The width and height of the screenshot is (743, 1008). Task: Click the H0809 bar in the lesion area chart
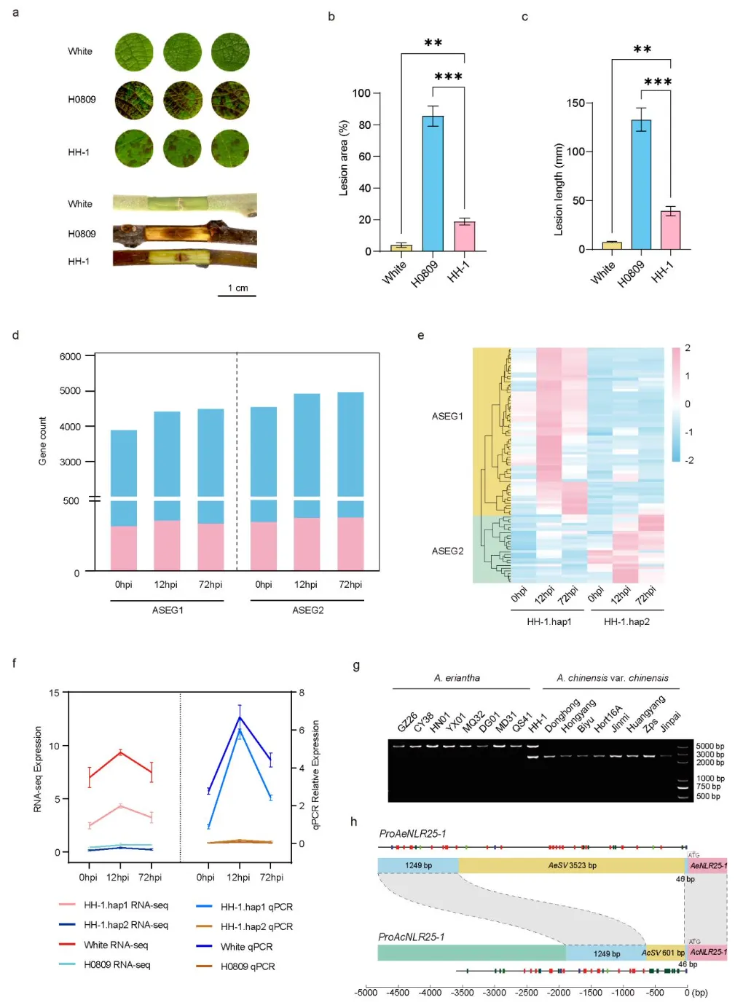pyautogui.click(x=433, y=183)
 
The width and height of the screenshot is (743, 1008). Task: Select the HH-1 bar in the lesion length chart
pyautogui.click(x=670, y=230)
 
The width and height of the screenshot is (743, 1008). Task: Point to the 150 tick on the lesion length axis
pyautogui.click(x=575, y=103)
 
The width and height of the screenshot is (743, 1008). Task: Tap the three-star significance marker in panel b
pyautogui.click(x=448, y=77)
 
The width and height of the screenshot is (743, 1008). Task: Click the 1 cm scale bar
pyautogui.click(x=237, y=295)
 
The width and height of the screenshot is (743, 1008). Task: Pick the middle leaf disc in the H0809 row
pyautogui.click(x=182, y=100)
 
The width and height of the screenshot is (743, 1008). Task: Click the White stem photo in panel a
pyautogui.click(x=184, y=203)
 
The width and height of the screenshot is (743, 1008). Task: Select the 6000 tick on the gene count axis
pyautogui.click(x=71, y=356)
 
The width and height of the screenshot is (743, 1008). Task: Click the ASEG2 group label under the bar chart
pyautogui.click(x=307, y=610)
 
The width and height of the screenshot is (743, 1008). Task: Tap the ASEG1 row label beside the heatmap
pyautogui.click(x=447, y=416)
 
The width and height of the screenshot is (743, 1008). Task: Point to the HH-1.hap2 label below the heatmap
pyautogui.click(x=626, y=622)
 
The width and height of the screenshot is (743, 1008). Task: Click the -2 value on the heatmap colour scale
pyautogui.click(x=689, y=460)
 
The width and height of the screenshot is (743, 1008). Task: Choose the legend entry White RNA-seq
pyautogui.click(x=116, y=945)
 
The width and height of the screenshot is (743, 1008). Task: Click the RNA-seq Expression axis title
pyautogui.click(x=38, y=769)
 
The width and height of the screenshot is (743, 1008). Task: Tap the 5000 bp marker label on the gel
pyautogui.click(x=709, y=746)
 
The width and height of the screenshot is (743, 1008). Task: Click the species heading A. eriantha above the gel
pyautogui.click(x=457, y=678)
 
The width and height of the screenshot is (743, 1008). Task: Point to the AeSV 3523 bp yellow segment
pyautogui.click(x=572, y=865)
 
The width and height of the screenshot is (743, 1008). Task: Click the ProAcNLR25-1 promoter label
pyautogui.click(x=411, y=937)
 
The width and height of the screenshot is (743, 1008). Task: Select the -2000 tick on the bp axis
pyautogui.click(x=559, y=993)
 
